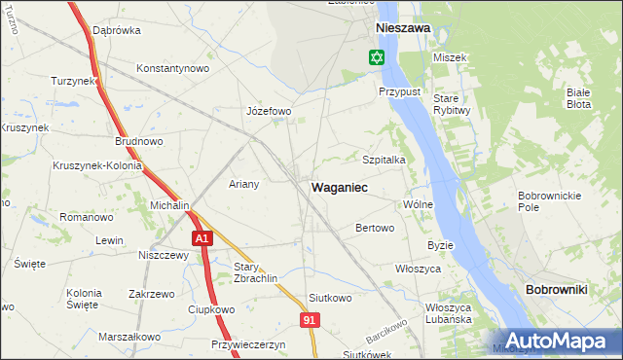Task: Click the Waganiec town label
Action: click(339, 186)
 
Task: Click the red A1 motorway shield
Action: click(201, 238)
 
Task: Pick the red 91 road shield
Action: click(309, 318)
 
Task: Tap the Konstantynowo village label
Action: click(173, 69)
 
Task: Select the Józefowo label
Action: click(270, 111)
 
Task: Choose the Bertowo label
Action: click(375, 229)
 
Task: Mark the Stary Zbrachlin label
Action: click(256, 271)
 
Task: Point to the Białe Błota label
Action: click(583, 97)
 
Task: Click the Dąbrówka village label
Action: click(117, 30)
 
